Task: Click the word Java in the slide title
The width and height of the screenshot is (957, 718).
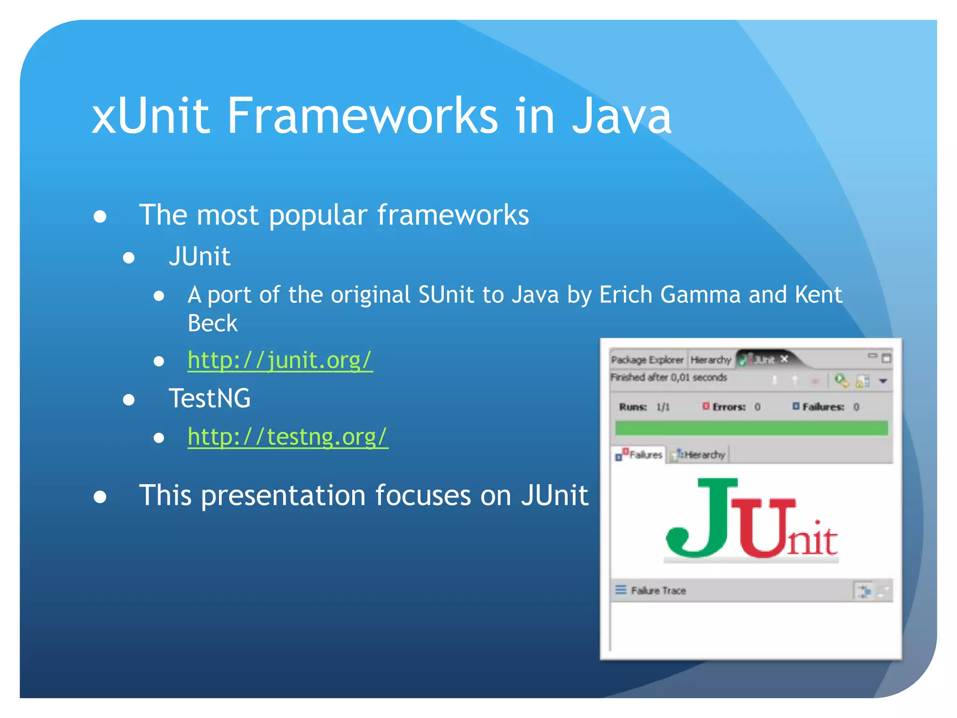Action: point(621,115)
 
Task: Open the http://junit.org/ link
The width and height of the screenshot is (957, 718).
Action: point(280,360)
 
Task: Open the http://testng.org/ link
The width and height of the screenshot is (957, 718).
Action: point(287,437)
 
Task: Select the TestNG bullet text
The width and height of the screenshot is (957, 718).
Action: point(209,399)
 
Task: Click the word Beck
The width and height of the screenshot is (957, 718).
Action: point(212,323)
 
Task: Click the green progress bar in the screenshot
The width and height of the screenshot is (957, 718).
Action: point(751,428)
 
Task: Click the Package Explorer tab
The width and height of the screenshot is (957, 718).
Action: point(647,359)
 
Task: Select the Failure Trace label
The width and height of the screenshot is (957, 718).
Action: point(658,590)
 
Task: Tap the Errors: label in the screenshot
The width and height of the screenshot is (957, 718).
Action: point(728,407)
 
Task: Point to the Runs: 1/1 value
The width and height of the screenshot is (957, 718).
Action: point(663,407)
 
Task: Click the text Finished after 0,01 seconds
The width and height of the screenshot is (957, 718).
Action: point(669,377)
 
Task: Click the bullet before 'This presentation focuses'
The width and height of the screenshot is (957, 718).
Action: point(100,497)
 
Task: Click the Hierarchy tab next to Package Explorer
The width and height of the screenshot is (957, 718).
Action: point(710,359)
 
